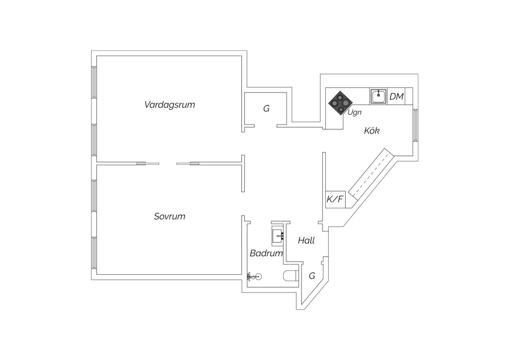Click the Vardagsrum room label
coord(170,105)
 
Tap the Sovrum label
coord(170,216)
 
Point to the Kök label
coord(372,131)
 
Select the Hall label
coord(306,240)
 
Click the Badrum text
coord(266,253)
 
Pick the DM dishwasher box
coord(396,96)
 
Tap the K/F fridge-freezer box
coord(335,199)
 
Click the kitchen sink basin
coord(378,96)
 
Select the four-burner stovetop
coord(340,103)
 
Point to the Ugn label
coord(354,112)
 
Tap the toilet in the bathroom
coord(290,276)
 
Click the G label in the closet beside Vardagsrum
coord(266,108)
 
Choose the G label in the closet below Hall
coord(312,276)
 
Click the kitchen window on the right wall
coord(415,125)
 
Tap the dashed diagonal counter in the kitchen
coord(371,174)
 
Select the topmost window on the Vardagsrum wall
coord(94,82)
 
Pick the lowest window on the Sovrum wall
coord(94,253)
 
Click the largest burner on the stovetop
coord(345,103)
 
